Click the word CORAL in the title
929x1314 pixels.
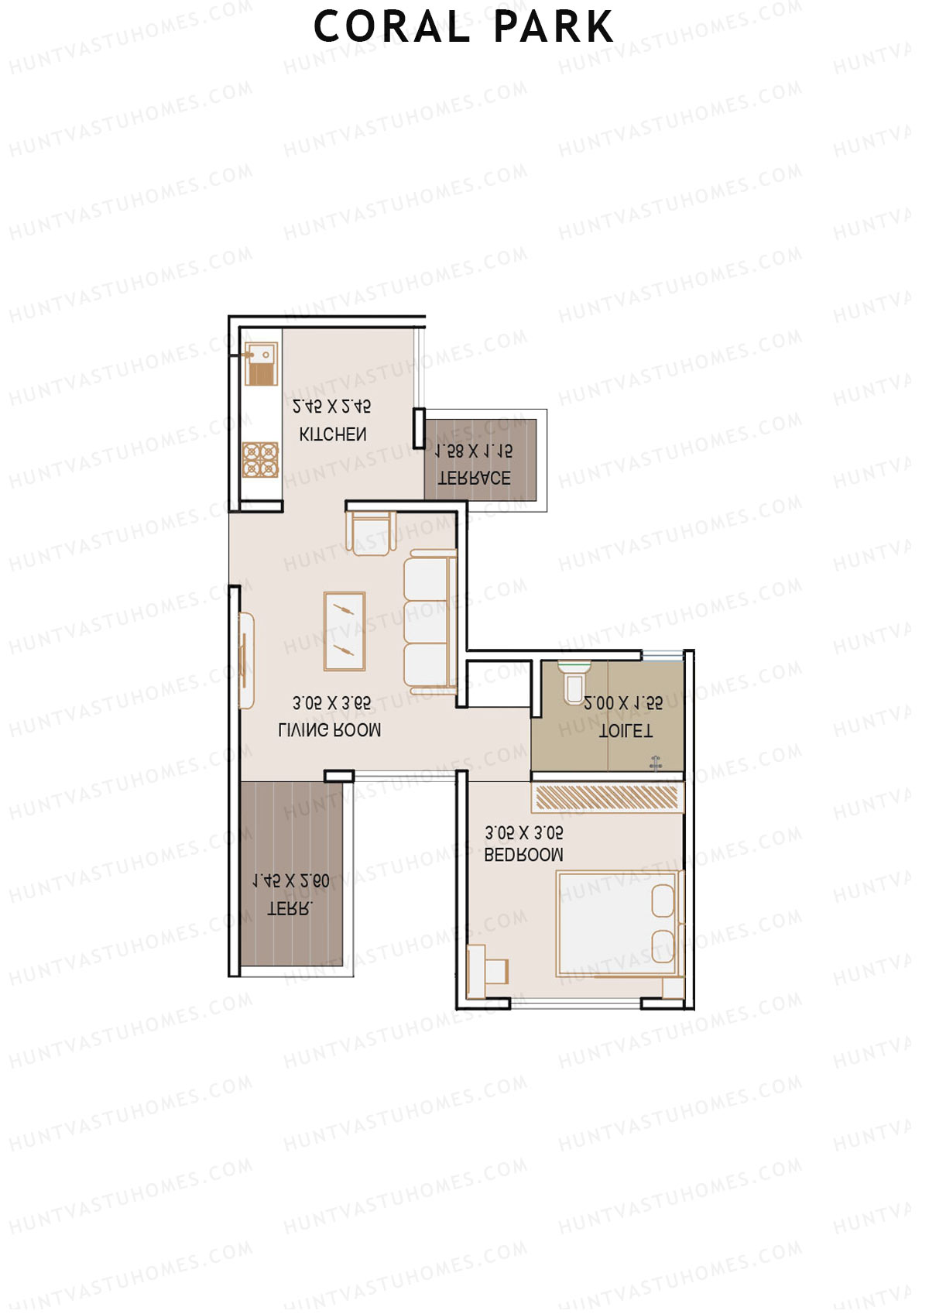coord(391,27)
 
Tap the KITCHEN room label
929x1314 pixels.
coord(333,434)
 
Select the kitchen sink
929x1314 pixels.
coord(262,364)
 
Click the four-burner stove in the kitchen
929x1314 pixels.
coord(260,459)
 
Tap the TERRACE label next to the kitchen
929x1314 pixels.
coord(475,478)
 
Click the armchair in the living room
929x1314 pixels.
coord(371,533)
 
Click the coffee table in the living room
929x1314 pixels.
coord(345,631)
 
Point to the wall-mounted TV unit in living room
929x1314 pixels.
coord(245,660)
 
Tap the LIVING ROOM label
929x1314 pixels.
coord(329,729)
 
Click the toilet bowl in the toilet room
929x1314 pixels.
coord(574,681)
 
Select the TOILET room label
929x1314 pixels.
coord(626,730)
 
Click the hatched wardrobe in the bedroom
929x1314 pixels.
coord(607,798)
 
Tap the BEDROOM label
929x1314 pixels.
coord(523,855)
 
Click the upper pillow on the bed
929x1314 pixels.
coord(663,901)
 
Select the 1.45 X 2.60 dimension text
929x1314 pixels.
coord(291,881)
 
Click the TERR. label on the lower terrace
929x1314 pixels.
coord(290,908)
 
